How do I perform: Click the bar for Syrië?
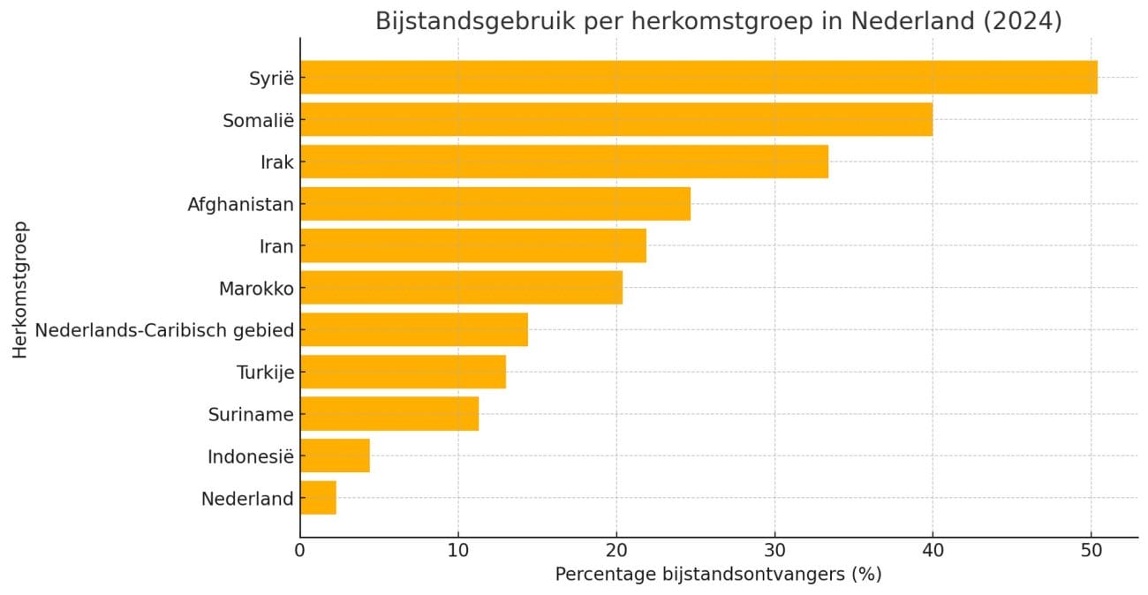pos(698,78)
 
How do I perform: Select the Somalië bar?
pos(616,119)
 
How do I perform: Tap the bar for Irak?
pos(563,162)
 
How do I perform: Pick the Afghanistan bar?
pos(495,204)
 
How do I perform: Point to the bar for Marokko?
pos(461,288)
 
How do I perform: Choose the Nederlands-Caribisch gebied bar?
pos(413,330)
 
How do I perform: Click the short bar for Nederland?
pos(318,498)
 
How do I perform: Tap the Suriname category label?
pos(251,414)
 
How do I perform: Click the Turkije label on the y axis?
pos(265,373)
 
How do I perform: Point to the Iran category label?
pos(276,246)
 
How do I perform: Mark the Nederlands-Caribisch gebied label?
pos(164,330)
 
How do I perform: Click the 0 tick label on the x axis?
pos(300,552)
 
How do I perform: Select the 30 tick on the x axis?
pos(774,552)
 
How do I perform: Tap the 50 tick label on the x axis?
pos(1091,552)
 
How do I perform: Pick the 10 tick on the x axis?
pos(458,552)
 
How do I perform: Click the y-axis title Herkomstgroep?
pos(20,288)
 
